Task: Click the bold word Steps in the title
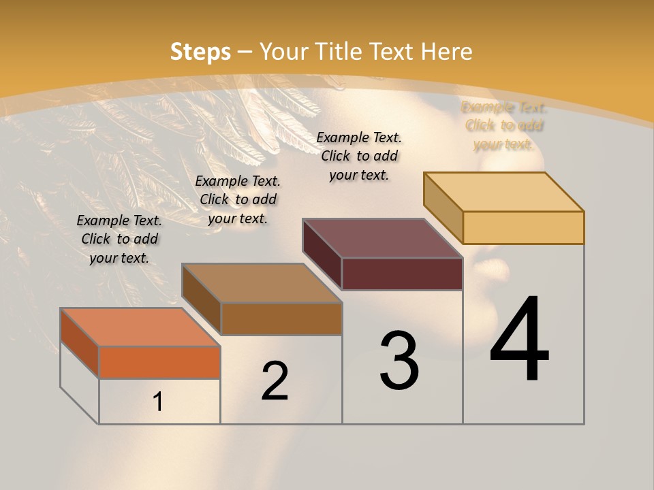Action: point(200,52)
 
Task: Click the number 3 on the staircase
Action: point(399,361)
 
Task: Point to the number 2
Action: point(275,381)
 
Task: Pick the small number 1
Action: point(158,402)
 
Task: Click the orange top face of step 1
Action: point(140,327)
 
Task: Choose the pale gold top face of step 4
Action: point(504,192)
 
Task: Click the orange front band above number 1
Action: point(159,362)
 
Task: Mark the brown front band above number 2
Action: point(281,318)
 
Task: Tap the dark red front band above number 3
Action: point(402,274)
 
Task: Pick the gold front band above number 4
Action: point(523,227)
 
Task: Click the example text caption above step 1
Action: point(119,239)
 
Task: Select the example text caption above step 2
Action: point(238,199)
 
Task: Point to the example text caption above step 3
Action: point(359,156)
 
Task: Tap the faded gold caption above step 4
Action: point(505,126)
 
